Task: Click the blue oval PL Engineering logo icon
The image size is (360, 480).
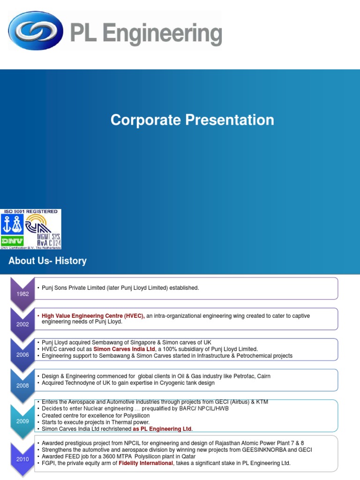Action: [36, 30]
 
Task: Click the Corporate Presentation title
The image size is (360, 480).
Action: [192, 120]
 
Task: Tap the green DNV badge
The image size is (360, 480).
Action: [13, 240]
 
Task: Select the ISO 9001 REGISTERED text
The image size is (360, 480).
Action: [31, 211]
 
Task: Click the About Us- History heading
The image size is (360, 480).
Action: [47, 261]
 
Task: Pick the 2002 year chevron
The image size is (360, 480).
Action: [22, 323]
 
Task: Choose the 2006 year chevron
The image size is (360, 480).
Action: [22, 354]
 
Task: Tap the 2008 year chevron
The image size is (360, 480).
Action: [22, 385]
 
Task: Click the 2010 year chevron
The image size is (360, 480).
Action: [22, 459]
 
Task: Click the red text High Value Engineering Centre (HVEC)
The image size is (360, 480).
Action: [93, 316]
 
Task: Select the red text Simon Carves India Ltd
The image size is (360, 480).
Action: [124, 349]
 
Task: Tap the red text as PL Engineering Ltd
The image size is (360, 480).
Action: [162, 429]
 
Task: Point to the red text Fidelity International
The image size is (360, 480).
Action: [146, 463]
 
